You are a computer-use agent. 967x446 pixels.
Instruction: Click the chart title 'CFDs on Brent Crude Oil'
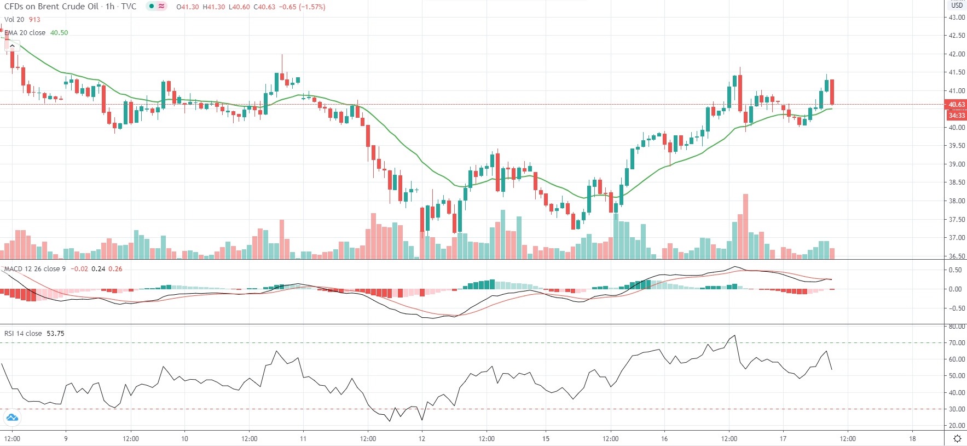pos(51,7)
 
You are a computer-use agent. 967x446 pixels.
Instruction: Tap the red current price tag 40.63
pos(956,105)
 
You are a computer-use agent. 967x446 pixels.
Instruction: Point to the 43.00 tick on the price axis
pos(957,18)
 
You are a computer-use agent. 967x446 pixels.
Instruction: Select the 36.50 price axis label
pos(957,256)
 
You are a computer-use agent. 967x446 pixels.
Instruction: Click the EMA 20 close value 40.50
pos(59,33)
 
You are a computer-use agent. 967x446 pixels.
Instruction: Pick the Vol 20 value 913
pos(34,20)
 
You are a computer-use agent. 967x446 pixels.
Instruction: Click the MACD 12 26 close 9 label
pos(35,269)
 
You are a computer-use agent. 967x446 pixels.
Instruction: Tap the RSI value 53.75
pos(55,334)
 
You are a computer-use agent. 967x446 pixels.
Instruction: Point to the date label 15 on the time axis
pos(546,438)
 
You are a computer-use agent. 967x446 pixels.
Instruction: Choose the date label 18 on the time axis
pos(912,438)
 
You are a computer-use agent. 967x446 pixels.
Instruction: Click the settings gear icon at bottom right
pos(957,438)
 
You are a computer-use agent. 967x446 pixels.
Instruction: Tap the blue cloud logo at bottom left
pos(11,418)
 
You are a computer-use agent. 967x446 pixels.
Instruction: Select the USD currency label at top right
pos(957,5)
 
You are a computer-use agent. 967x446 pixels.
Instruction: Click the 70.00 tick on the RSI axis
pos(957,343)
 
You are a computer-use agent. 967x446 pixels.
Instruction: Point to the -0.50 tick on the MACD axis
pos(956,308)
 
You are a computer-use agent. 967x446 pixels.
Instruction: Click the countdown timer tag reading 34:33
pos(956,115)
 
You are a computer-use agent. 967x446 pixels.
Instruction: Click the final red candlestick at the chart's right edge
pos(832,92)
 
